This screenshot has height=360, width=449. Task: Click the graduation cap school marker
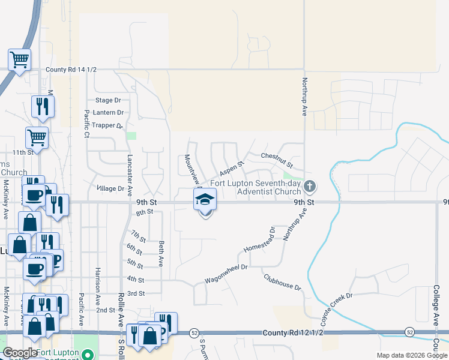pyautogui.click(x=205, y=199)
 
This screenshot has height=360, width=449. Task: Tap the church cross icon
pyautogui.click(x=310, y=186)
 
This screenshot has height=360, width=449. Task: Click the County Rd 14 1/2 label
pyautogui.click(x=71, y=70)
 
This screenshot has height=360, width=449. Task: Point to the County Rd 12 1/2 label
pyautogui.click(x=293, y=332)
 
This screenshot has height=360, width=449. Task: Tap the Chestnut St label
pyautogui.click(x=277, y=160)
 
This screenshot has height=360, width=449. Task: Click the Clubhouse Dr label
pyautogui.click(x=282, y=281)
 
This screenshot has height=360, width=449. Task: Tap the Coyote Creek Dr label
pyautogui.click(x=336, y=304)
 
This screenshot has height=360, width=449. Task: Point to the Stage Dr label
pyautogui.click(x=108, y=100)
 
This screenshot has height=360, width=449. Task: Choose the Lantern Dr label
pyautogui.click(x=108, y=112)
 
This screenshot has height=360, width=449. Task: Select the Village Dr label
pyautogui.click(x=110, y=188)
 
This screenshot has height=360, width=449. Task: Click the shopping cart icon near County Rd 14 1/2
pyautogui.click(x=19, y=60)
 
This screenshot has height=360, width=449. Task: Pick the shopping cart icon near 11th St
pyautogui.click(x=37, y=137)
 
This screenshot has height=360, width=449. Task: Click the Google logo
pyautogui.click(x=20, y=352)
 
